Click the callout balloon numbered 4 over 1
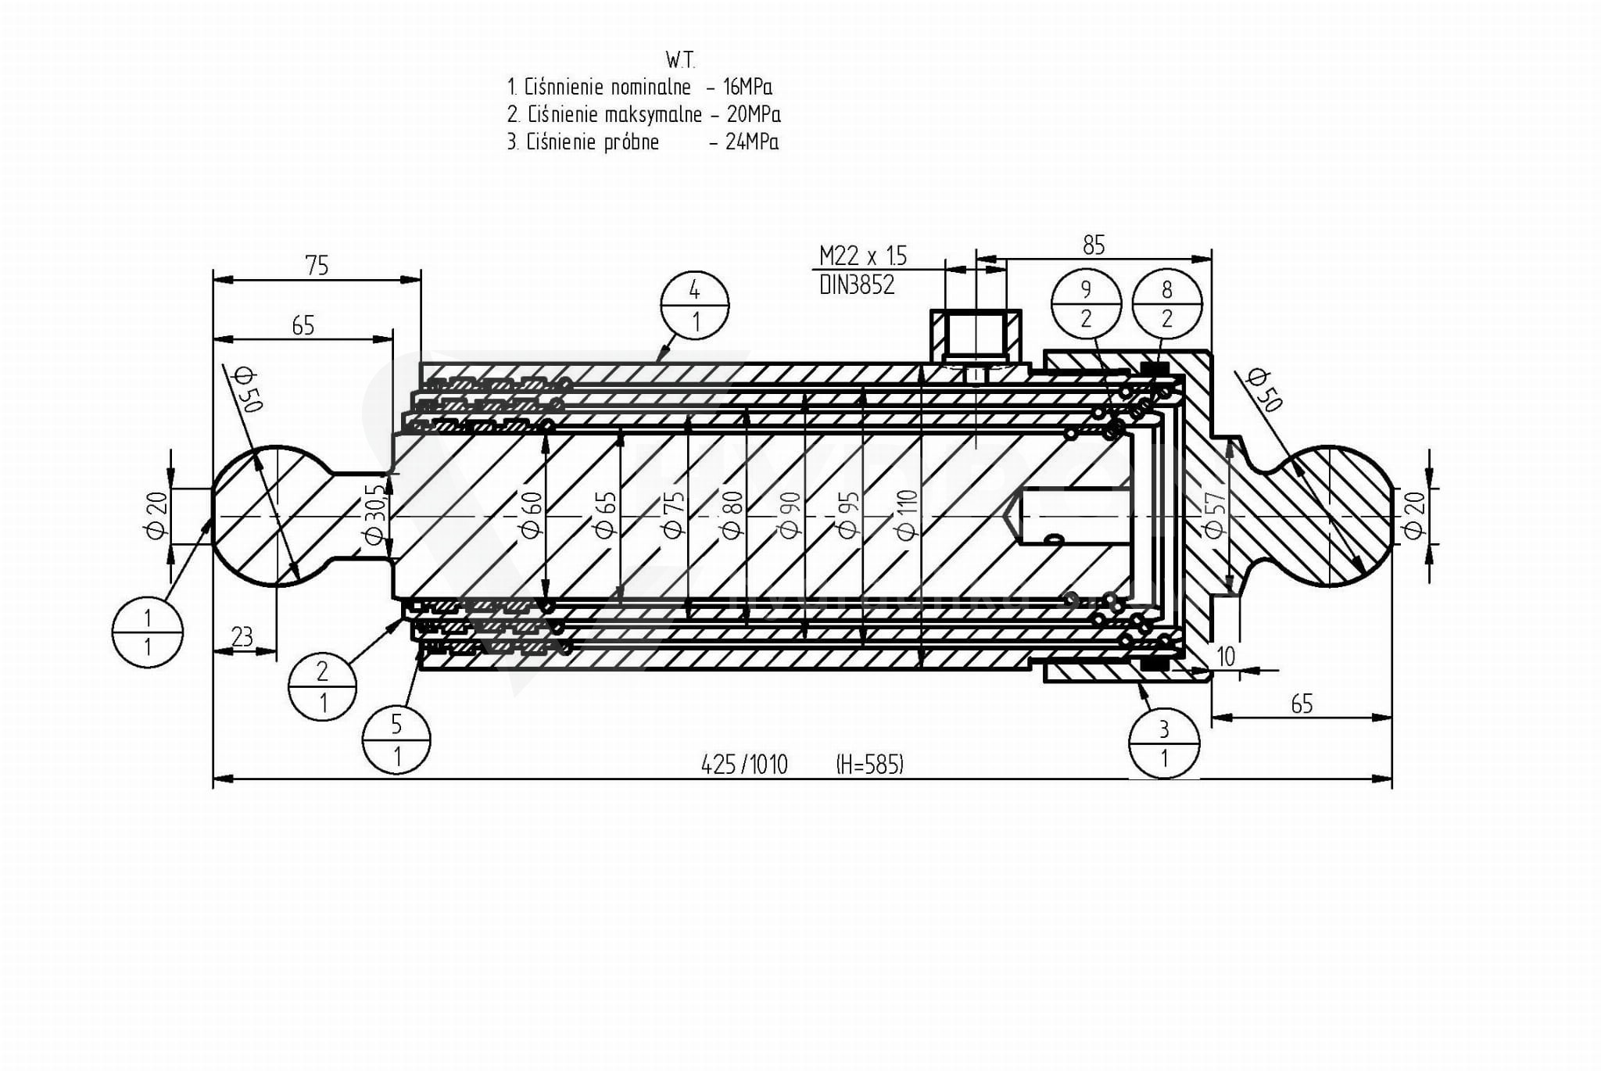[695, 306]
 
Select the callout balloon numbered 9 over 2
[1086, 304]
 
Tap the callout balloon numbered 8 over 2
[1167, 304]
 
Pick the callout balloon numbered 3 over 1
[1164, 743]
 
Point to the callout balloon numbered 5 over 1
[396, 740]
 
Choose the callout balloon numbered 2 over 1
[322, 686]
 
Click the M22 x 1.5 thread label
[863, 256]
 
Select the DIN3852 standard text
[857, 285]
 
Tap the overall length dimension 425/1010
[744, 764]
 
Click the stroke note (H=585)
[869, 764]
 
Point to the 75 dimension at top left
[317, 266]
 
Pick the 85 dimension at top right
[1094, 245]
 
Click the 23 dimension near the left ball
[242, 637]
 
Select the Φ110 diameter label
[907, 514]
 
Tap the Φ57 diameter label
[1214, 515]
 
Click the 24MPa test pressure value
[752, 142]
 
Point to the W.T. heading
[680, 59]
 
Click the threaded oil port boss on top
[975, 336]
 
